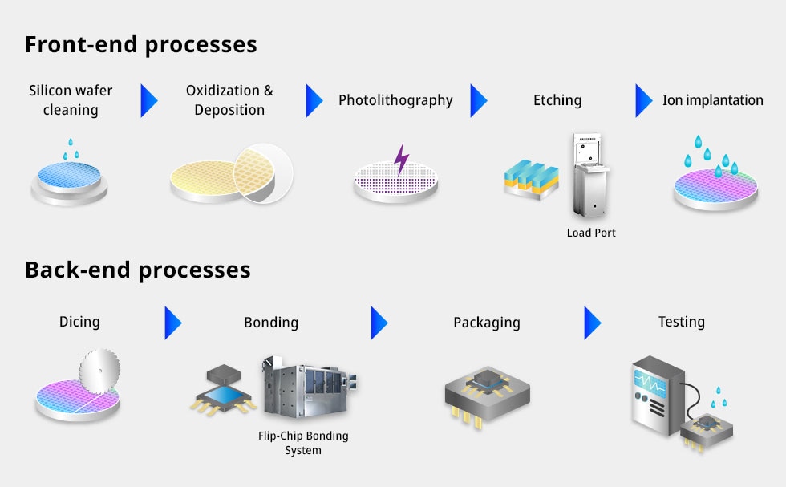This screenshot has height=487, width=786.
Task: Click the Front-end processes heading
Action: click(x=140, y=44)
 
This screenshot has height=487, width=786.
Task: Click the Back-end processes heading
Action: click(x=137, y=270)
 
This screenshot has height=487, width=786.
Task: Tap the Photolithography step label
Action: click(x=395, y=100)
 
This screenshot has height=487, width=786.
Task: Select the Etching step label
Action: click(x=557, y=100)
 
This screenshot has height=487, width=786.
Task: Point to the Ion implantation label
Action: click(x=712, y=100)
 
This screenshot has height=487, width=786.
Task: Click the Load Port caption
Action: click(x=591, y=233)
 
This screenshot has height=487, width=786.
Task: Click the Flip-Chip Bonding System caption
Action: click(x=303, y=443)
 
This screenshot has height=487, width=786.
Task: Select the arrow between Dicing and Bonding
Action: click(x=172, y=323)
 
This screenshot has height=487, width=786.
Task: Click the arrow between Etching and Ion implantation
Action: click(x=644, y=100)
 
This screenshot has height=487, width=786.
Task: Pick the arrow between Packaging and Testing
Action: click(x=592, y=323)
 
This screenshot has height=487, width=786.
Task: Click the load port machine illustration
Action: click(x=589, y=177)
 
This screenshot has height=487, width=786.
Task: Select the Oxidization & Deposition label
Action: click(x=229, y=100)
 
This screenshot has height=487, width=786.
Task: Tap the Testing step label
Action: click(x=681, y=322)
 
